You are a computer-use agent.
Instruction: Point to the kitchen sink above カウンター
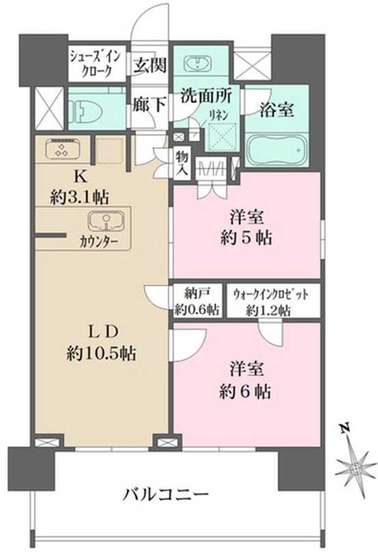[x=106, y=221]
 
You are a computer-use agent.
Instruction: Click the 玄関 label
[x=150, y=66]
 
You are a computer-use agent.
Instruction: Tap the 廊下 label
[x=149, y=105]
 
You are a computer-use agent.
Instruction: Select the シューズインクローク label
[x=96, y=63]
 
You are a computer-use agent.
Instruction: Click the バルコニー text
[x=165, y=494]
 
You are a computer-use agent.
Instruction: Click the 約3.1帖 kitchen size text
[x=80, y=197]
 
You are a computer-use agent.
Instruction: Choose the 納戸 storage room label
[x=197, y=294]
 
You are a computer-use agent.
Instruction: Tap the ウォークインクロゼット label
[x=271, y=295]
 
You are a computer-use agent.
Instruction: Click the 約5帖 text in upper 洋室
[x=246, y=237]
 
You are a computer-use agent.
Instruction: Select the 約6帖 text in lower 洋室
[x=245, y=391]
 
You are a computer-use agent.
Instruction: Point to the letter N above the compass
[x=344, y=428]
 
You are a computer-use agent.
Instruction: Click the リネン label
[x=218, y=115]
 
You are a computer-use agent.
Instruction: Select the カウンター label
[x=99, y=242]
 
